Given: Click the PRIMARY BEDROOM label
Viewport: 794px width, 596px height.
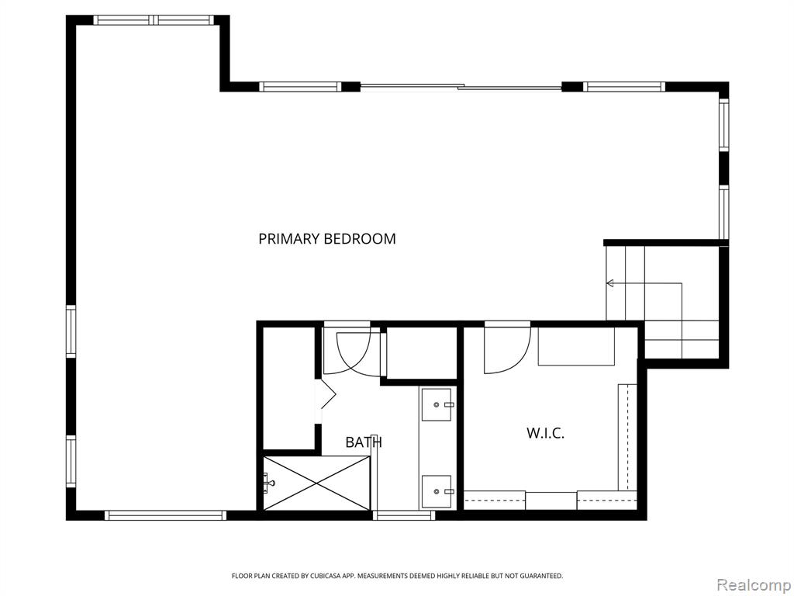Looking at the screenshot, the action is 327,239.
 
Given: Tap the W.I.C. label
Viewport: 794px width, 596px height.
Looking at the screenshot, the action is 545,433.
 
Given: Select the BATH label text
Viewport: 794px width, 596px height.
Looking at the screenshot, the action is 364,442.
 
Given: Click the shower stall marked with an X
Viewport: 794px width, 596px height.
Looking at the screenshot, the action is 316,483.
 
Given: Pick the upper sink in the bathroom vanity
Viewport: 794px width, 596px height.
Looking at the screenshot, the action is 437,405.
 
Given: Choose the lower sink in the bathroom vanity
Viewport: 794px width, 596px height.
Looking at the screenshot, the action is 437,491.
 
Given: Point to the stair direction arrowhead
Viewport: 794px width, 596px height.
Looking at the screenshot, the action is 610,282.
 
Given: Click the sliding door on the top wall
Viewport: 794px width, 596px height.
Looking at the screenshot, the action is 461,87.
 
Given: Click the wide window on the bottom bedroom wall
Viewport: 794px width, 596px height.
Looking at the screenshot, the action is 166,515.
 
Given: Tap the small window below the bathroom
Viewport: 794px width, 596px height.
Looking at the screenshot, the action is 404,515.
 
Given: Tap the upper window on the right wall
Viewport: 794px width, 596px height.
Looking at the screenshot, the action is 724,124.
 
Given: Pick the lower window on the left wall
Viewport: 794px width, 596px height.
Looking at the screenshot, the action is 71,462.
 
